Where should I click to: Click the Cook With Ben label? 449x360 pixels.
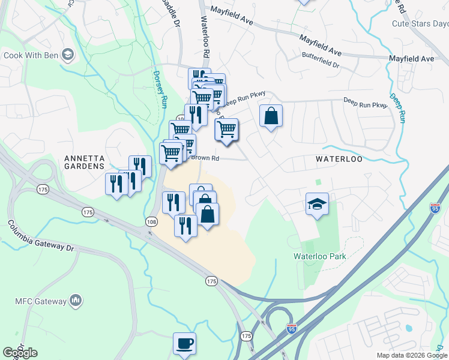pos(31,56)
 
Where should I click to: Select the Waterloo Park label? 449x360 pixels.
pos(320,256)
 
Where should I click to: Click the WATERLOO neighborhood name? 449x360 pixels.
pos(340,159)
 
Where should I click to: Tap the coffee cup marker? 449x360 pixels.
pos(184,344)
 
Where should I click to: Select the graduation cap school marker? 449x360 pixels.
pos(317,204)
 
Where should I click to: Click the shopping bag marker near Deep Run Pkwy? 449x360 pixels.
pos(271,115)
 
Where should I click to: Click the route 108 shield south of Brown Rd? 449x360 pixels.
pos(152,222)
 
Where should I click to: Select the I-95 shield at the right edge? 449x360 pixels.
pos(435,208)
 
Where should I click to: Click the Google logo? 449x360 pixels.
pos(20,353)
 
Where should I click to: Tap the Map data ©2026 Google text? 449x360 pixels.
pos(411,355)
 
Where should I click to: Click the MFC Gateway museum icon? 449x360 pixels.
pos(76,299)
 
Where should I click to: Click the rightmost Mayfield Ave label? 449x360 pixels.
pos(411,59)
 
